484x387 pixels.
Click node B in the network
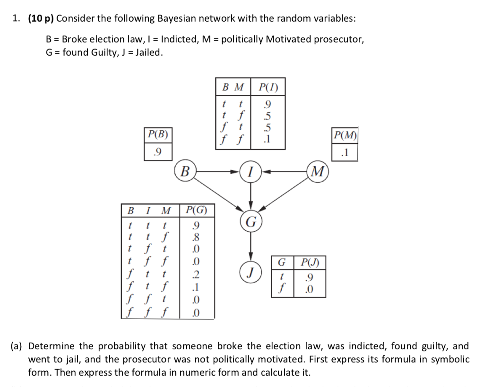tap(186, 170)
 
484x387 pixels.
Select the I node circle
tap(250, 170)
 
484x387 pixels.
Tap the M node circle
tap(317, 170)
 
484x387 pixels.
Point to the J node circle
tap(251, 272)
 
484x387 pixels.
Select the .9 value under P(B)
tap(158, 151)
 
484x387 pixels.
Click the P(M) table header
tap(344, 136)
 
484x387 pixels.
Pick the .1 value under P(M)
tap(344, 153)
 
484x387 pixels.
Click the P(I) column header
tap(268, 87)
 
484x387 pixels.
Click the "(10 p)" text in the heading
tap(41, 18)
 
